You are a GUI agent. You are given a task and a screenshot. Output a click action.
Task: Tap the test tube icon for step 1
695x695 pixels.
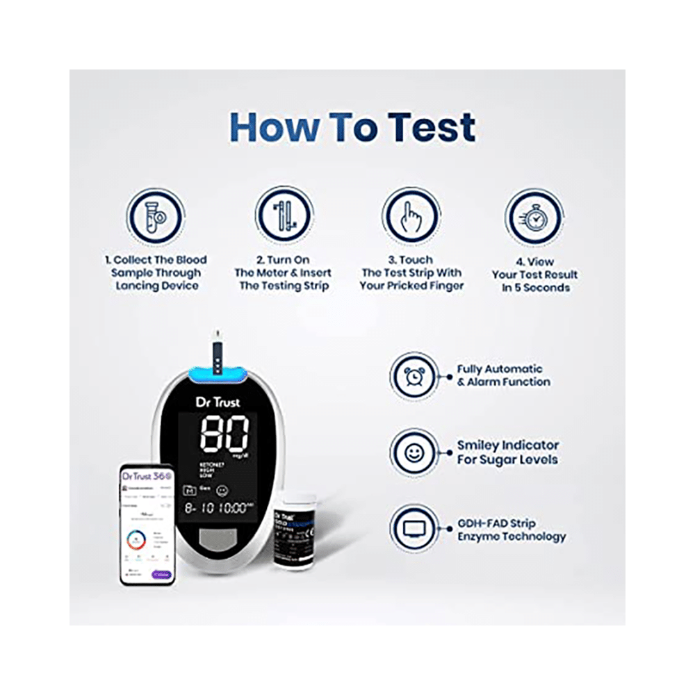point(155,215)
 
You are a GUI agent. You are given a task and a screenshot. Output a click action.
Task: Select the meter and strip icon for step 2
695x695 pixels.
point(283,215)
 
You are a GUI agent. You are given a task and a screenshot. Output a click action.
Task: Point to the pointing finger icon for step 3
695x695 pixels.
point(411,215)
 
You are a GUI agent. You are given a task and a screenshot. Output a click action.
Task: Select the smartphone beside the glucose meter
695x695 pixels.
point(147,525)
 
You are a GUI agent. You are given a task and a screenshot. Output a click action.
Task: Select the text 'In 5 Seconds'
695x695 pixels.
point(535,287)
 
